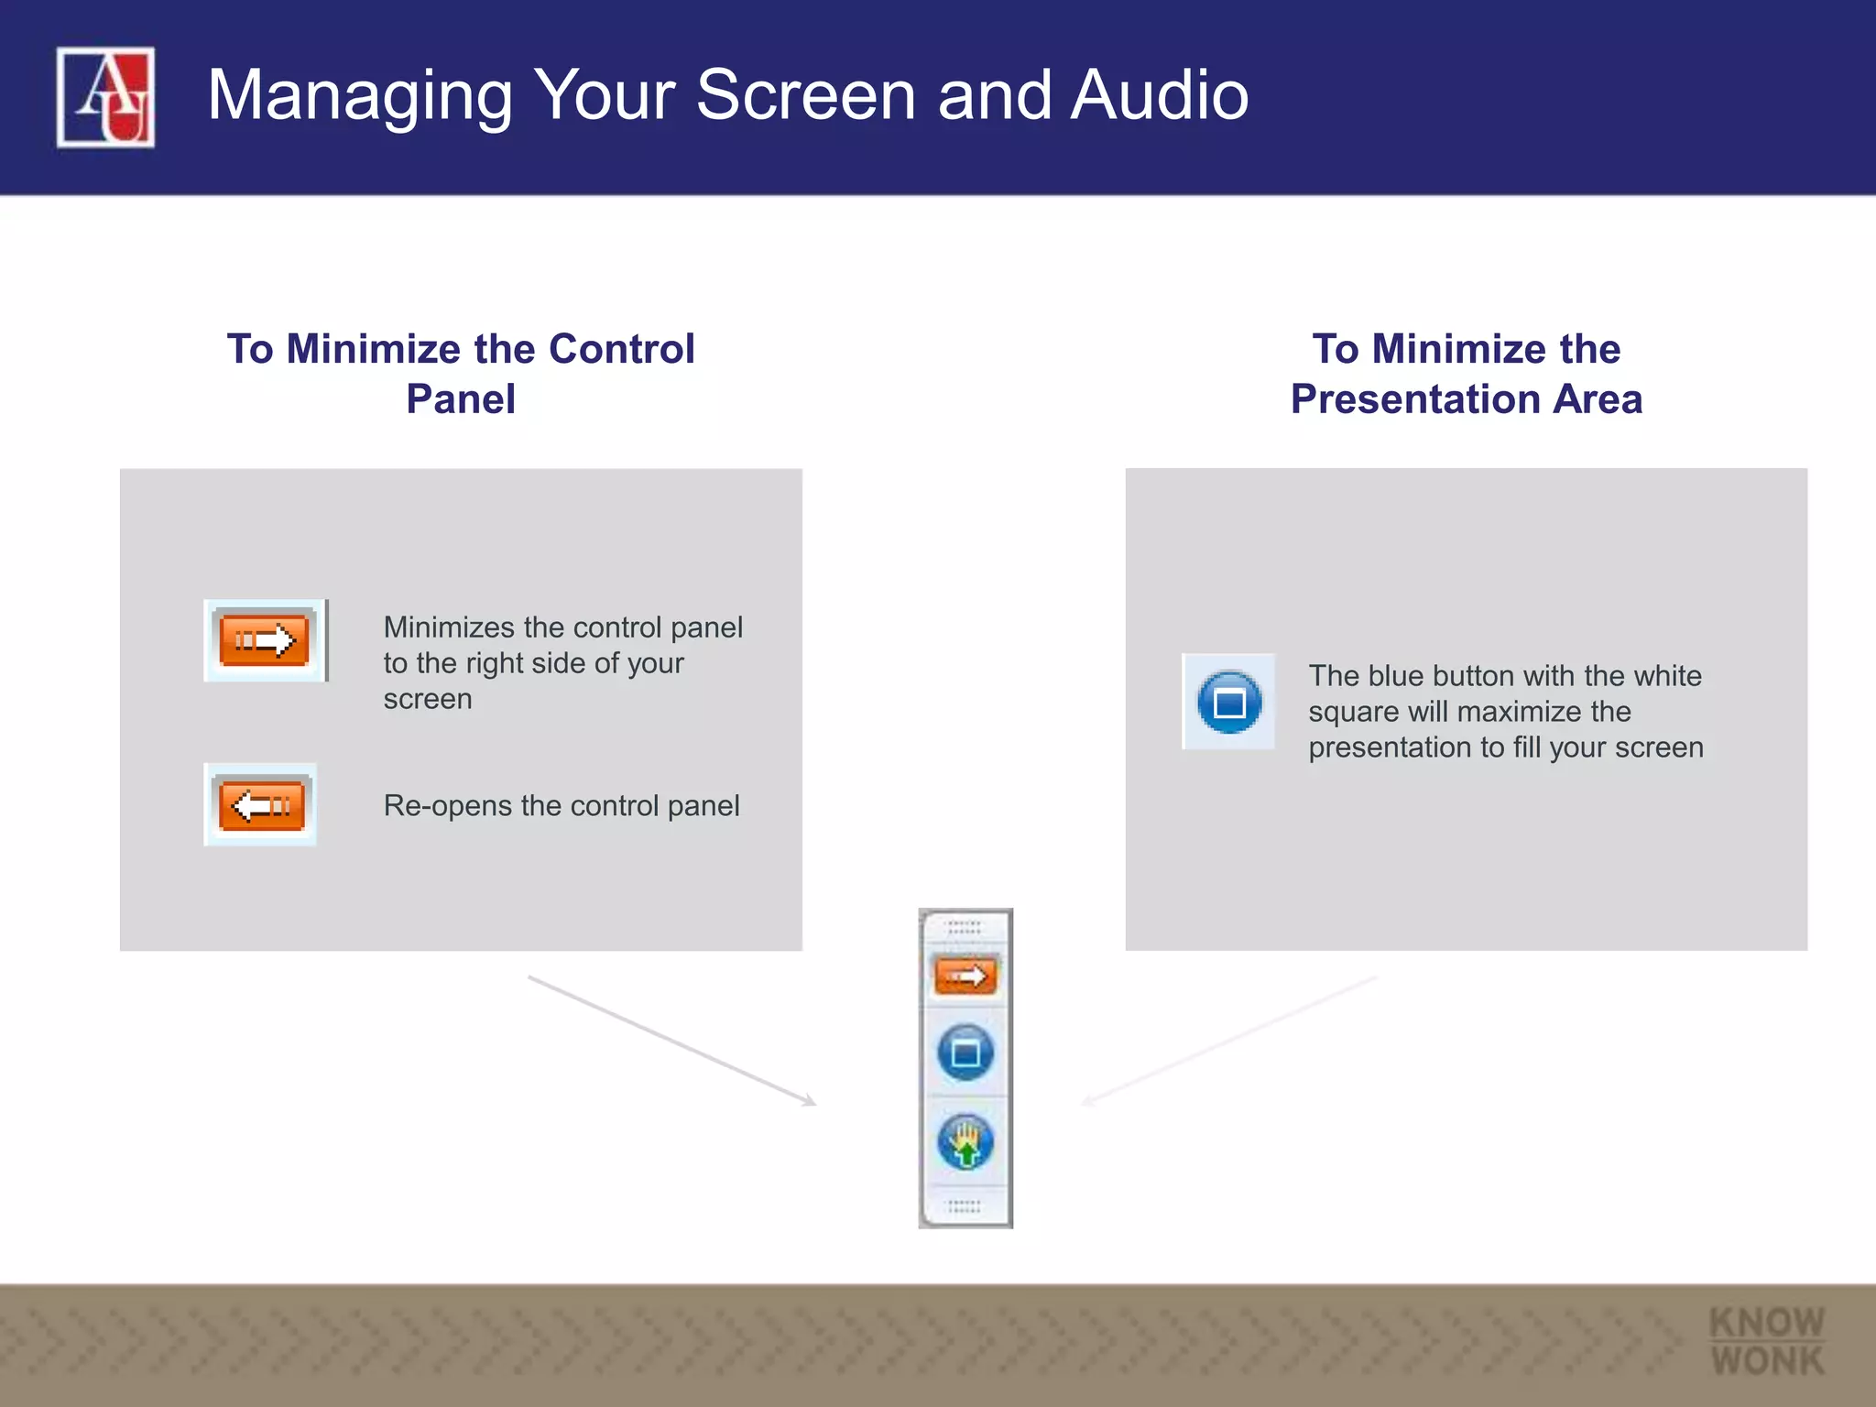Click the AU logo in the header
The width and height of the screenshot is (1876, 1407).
tap(105, 97)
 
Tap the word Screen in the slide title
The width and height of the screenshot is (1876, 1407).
tap(806, 95)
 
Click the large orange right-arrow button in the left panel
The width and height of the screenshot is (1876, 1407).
tap(264, 639)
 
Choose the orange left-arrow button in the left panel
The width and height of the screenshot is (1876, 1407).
tap(261, 805)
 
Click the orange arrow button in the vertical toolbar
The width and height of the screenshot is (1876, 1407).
tap(965, 976)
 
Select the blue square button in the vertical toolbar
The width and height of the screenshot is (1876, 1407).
tap(965, 1053)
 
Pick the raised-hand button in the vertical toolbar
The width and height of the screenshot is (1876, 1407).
tap(965, 1142)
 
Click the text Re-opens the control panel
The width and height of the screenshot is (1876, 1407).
tap(561, 806)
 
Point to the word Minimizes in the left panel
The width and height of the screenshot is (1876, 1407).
tap(449, 627)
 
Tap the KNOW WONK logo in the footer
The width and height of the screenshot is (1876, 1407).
tap(1767, 1341)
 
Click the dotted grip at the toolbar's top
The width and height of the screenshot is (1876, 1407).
tap(965, 928)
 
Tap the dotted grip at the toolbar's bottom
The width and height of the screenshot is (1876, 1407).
tap(965, 1205)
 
